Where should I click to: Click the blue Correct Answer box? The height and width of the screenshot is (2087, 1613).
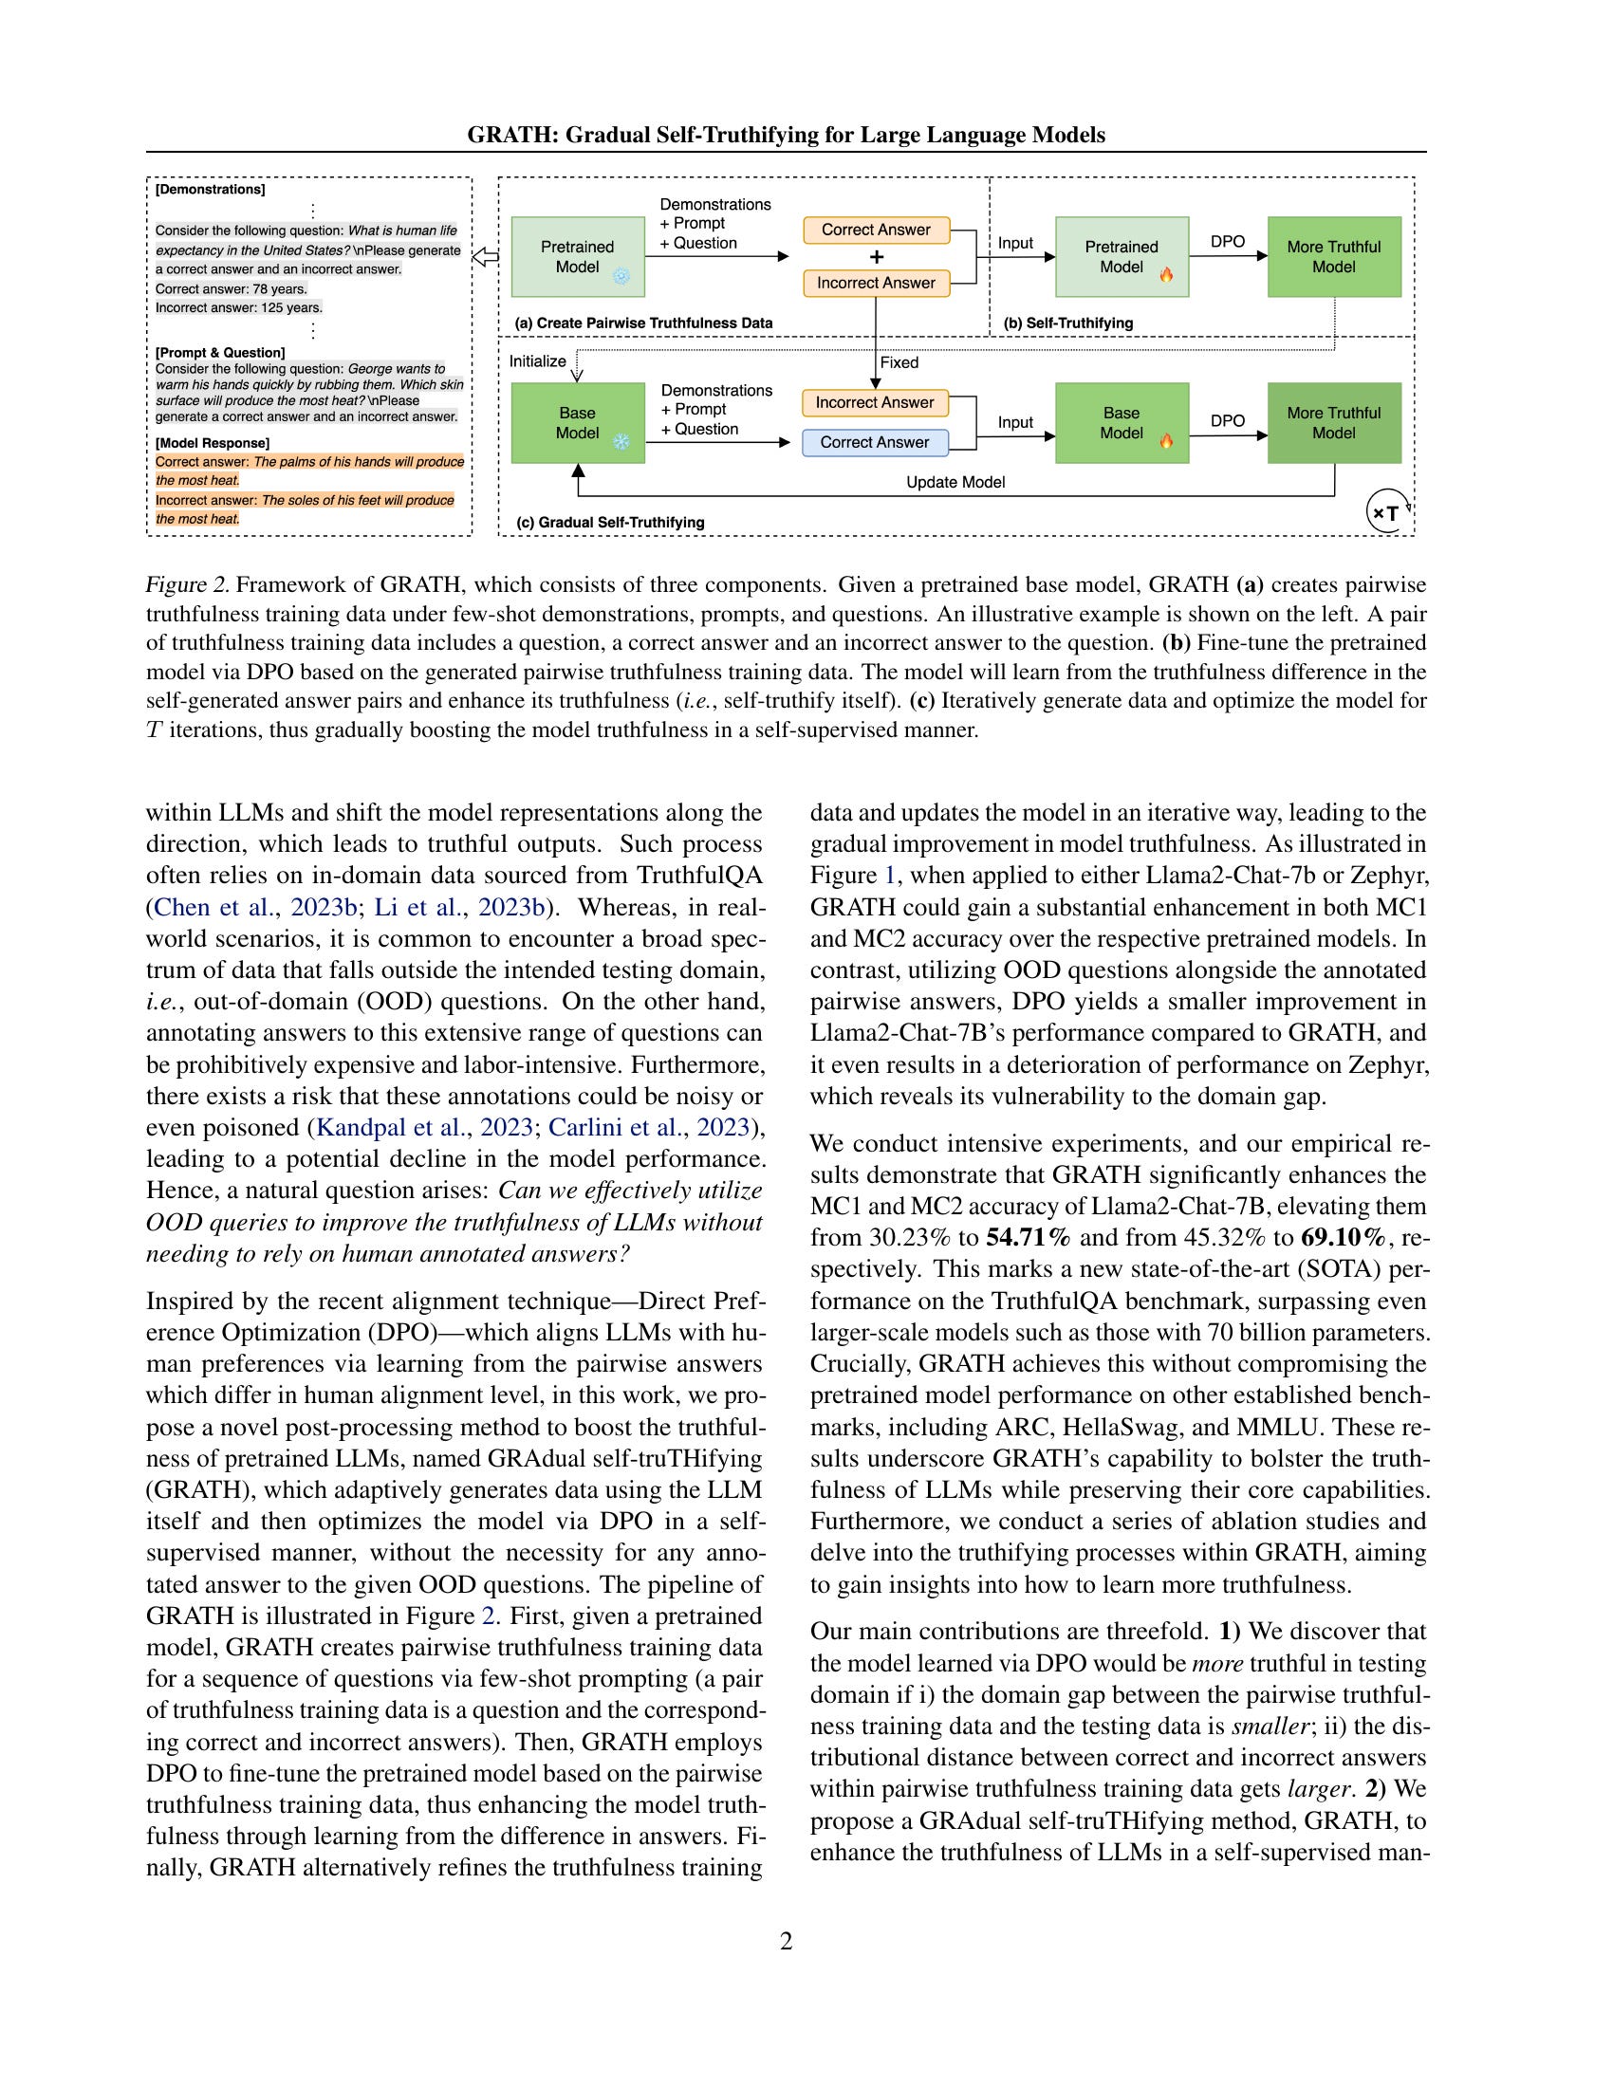pyautogui.click(x=875, y=442)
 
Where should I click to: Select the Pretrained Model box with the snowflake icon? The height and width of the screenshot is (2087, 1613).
pyautogui.click(x=577, y=257)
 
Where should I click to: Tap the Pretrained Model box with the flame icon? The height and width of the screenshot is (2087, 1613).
pyautogui.click(x=1122, y=257)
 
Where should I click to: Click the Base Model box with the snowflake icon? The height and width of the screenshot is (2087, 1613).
pyautogui.click(x=577, y=423)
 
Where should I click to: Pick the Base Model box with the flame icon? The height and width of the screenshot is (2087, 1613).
pyautogui.click(x=1122, y=423)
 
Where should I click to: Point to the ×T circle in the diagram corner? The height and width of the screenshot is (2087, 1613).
pyautogui.click(x=1386, y=513)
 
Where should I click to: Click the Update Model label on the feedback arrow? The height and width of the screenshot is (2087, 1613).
pyautogui.click(x=955, y=483)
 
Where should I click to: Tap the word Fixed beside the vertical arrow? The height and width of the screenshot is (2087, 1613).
pyautogui.click(x=899, y=363)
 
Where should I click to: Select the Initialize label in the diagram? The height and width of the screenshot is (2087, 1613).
pyautogui.click(x=537, y=361)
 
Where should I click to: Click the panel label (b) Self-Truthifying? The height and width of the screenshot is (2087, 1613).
pyautogui.click(x=1068, y=323)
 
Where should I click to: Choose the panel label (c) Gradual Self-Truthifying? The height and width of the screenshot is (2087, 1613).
pyautogui.click(x=610, y=523)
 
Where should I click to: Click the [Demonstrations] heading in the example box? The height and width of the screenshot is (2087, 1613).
pyautogui.click(x=211, y=189)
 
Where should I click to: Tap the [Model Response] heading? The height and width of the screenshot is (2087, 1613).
pyautogui.click(x=213, y=443)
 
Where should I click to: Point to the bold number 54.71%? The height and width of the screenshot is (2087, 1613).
pyautogui.click(x=1029, y=1237)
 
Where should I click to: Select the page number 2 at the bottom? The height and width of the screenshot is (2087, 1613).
pyautogui.click(x=787, y=1941)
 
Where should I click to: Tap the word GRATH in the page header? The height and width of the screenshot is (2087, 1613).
pyautogui.click(x=511, y=135)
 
